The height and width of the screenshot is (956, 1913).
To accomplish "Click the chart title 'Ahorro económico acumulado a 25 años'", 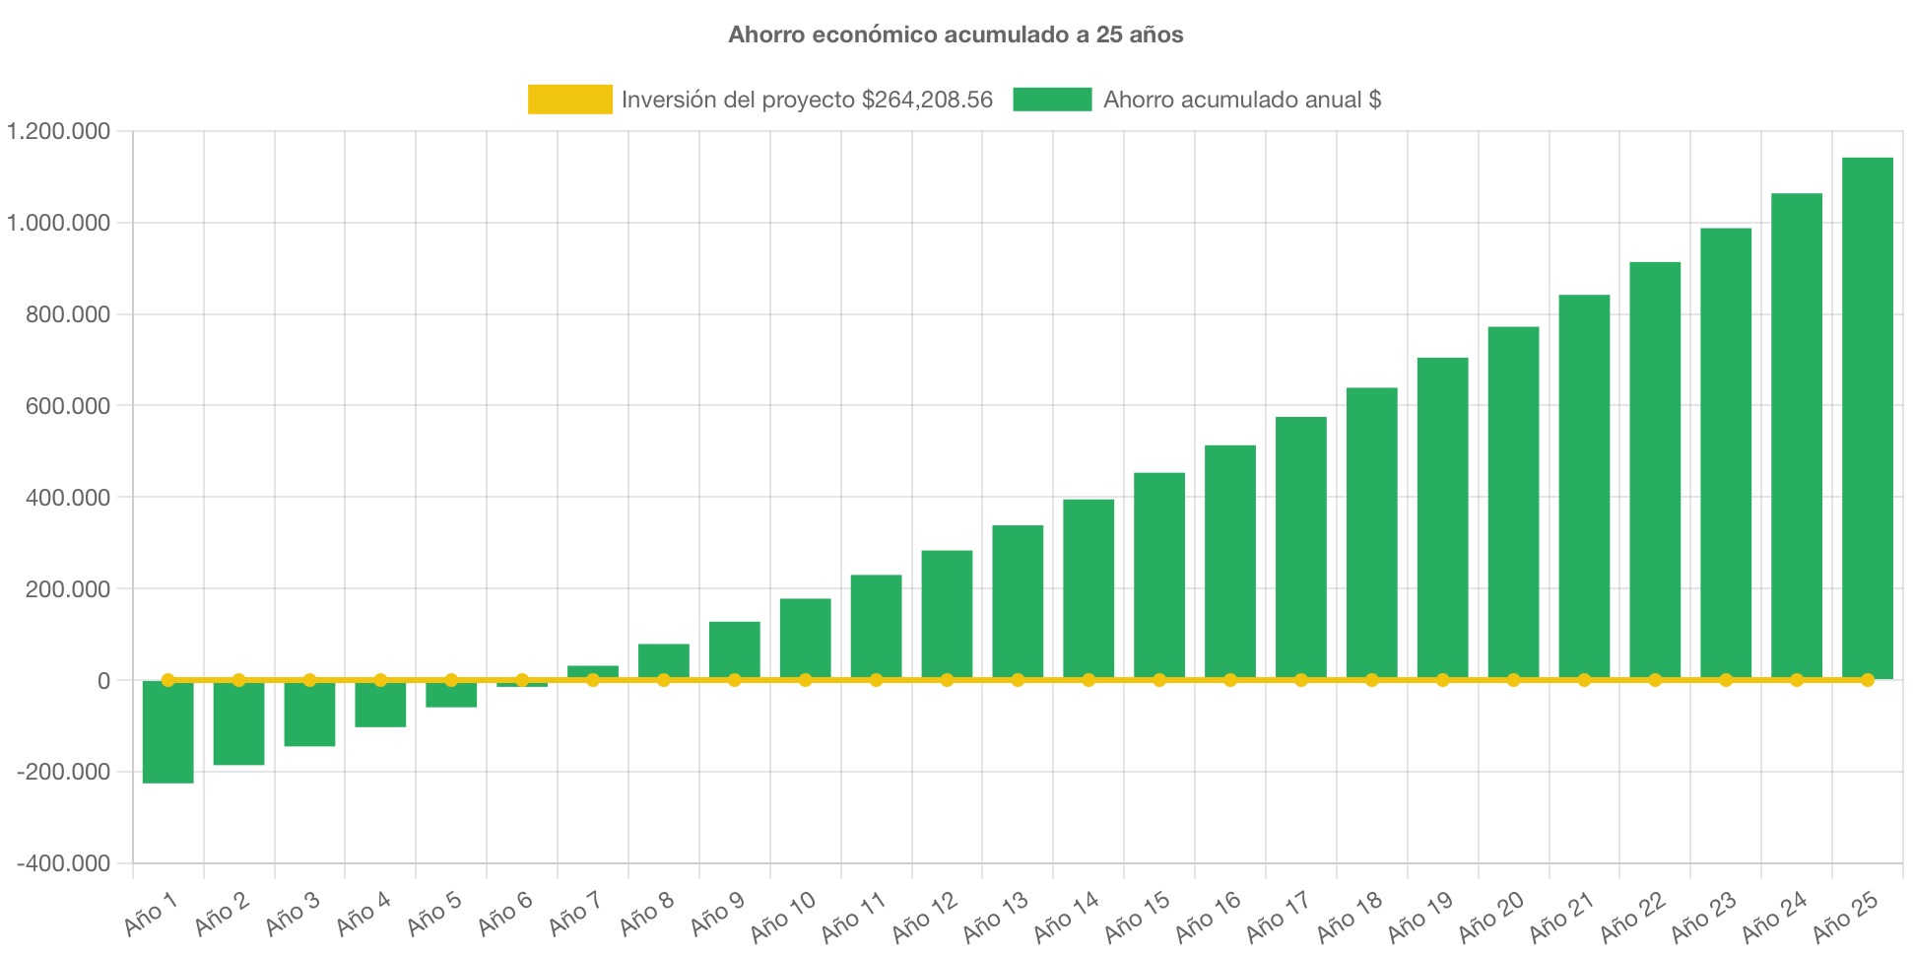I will (956, 34).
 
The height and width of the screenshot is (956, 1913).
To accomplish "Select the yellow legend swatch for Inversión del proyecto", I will (569, 99).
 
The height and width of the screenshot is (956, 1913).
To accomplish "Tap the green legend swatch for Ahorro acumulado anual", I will (1052, 99).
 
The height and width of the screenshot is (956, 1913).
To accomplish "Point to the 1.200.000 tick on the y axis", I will (59, 131).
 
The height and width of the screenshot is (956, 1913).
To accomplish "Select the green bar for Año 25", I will (1867, 414).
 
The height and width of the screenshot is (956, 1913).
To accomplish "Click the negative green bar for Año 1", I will (167, 734).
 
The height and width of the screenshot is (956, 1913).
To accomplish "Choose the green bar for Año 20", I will (1513, 503).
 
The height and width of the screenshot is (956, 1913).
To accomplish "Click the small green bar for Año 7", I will (593, 671).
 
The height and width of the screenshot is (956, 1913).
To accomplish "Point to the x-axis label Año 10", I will (784, 916).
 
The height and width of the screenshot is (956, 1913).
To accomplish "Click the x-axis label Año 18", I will (1351, 916).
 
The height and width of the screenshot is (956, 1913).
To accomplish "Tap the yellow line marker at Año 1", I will (167, 680).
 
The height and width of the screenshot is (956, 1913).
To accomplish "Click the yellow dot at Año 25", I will (1867, 680).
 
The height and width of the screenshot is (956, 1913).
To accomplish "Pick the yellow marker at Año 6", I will (522, 680).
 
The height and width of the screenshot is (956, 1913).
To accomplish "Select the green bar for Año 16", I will (1229, 562).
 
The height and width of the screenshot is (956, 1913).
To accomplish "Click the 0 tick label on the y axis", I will (103, 681).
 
